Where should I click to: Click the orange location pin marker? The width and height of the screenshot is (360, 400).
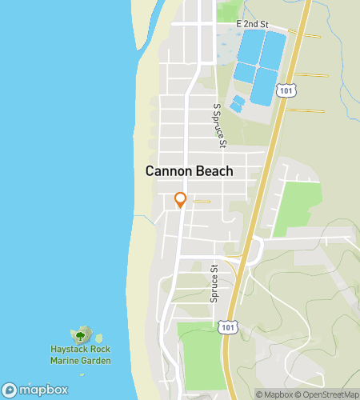181,200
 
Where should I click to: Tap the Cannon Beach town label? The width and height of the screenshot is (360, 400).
190,171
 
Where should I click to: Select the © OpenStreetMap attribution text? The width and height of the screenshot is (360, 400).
327,394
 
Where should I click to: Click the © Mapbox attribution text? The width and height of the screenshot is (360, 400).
274,394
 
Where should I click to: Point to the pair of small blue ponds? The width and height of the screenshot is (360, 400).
238,103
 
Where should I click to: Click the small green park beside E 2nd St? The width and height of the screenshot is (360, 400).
229,11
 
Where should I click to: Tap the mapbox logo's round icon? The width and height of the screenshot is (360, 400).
9,390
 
